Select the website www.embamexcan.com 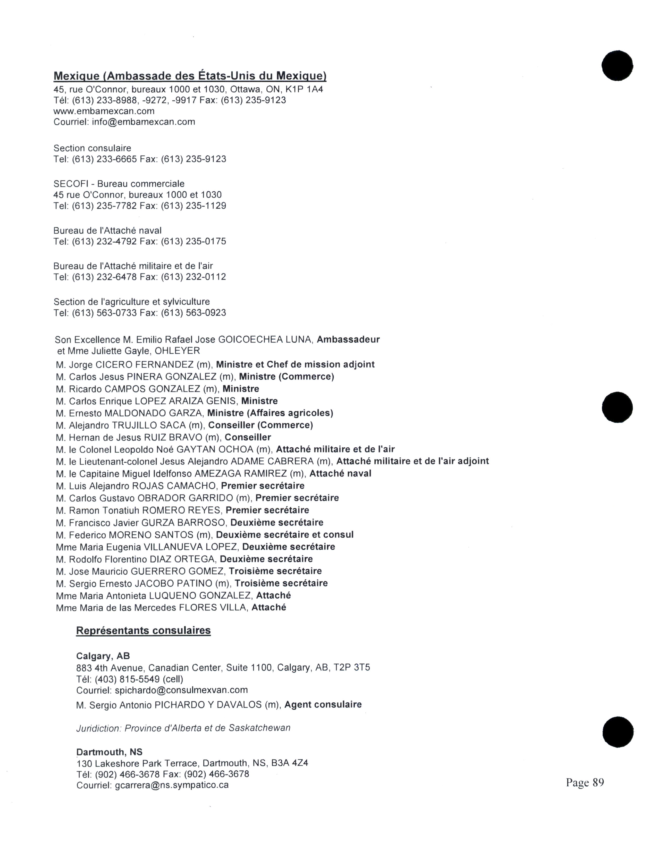pos(104,111)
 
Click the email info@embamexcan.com pos(143,122)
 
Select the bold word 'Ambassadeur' pos(348,339)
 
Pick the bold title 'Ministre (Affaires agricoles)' pos(270,413)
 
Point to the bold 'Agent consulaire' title pos(323,704)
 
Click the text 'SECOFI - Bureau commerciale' pos(119,184)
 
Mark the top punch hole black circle pos(617,65)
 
